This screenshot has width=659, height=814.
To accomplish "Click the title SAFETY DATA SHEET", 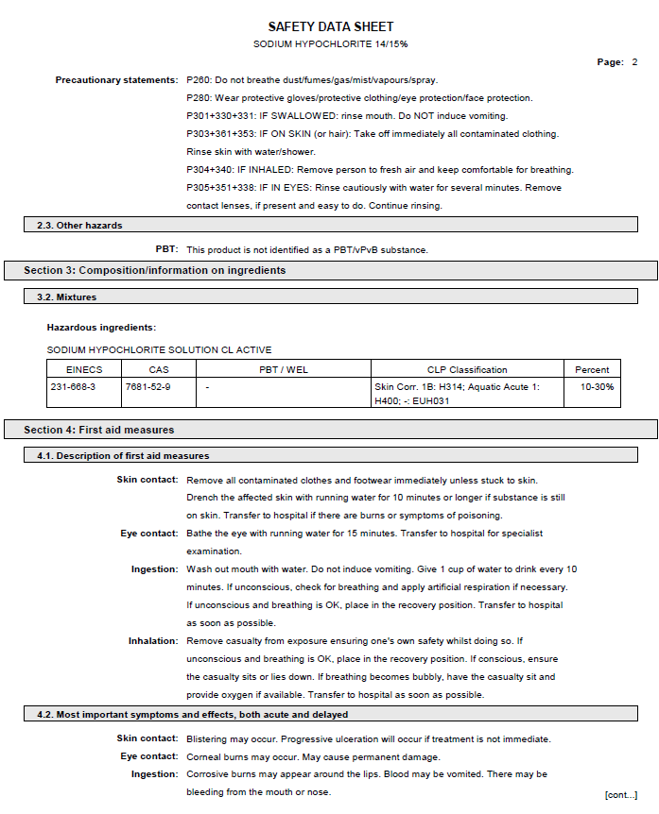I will coord(330,26).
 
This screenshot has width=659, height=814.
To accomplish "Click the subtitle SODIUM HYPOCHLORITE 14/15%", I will coord(330,44).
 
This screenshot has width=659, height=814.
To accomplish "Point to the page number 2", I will coord(634,62).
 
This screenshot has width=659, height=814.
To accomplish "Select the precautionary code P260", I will coord(199,80).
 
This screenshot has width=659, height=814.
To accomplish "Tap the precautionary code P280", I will coord(199,98).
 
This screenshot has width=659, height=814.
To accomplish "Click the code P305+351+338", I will coord(223,188).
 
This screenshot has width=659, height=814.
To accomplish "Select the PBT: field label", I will coord(166,250).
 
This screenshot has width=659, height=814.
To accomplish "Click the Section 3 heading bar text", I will coord(155,271).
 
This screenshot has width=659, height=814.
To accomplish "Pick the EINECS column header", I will coord(84,369).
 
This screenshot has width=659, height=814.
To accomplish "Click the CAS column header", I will coord(159,369).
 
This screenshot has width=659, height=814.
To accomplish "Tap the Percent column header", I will coord(592,369).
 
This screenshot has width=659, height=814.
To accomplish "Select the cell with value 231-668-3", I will coord(73,387).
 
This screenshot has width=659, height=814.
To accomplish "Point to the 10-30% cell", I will coord(597,387).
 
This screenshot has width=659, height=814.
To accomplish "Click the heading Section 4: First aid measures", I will coord(99,430).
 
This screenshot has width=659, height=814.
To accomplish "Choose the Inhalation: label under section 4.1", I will coord(153,641).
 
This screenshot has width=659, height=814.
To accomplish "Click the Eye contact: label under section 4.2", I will coord(148,756).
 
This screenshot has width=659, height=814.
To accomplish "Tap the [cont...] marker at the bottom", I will coord(620,795).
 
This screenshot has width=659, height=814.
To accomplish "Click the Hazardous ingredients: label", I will coord(101,328).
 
